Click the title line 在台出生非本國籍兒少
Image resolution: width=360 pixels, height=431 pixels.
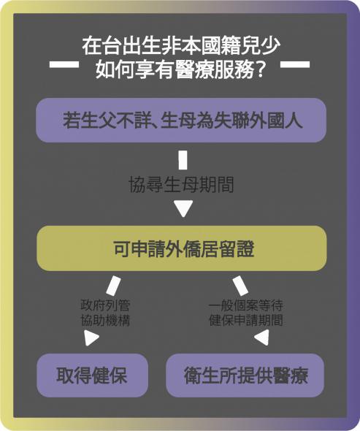(181, 45)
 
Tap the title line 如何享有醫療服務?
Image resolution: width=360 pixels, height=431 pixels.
(180, 69)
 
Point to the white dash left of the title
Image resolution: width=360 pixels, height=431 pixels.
(64, 64)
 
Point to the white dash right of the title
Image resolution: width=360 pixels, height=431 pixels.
(295, 64)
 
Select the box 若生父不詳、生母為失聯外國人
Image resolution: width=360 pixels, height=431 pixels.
(181, 120)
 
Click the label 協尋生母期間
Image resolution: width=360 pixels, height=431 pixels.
(181, 184)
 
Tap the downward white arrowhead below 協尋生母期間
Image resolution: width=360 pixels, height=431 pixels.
(183, 209)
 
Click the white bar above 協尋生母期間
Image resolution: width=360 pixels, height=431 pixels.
(183, 160)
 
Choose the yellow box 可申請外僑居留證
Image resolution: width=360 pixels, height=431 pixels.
(182, 248)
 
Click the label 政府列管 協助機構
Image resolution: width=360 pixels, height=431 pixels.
(105, 313)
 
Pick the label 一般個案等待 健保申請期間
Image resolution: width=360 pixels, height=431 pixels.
(246, 313)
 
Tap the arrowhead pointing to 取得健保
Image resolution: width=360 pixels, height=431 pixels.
(91, 337)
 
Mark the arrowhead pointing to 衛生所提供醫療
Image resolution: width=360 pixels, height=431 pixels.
(261, 337)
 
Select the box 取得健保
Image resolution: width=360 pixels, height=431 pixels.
(92, 375)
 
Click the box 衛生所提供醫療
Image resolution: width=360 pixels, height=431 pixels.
(245, 375)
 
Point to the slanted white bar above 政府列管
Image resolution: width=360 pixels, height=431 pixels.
(113, 286)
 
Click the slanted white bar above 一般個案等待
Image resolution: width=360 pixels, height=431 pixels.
(240, 286)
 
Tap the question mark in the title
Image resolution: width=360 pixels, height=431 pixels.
(259, 69)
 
